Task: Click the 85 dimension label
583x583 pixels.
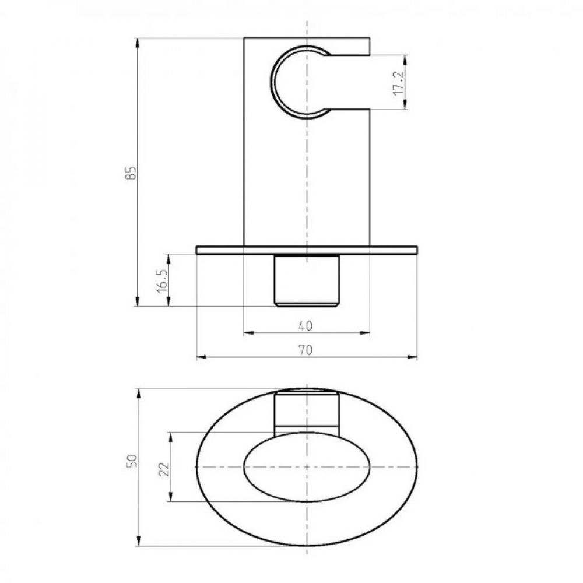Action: tap(131, 173)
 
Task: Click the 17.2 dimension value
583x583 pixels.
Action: tap(398, 83)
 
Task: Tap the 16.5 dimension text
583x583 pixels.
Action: tap(163, 280)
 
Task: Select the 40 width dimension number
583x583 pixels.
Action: tap(305, 326)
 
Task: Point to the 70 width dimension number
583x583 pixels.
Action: tap(305, 350)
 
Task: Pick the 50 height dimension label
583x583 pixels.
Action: tap(132, 461)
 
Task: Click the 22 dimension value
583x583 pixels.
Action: tap(164, 469)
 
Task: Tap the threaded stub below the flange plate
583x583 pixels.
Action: tap(307, 280)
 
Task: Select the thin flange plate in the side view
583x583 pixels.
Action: tap(307, 250)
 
